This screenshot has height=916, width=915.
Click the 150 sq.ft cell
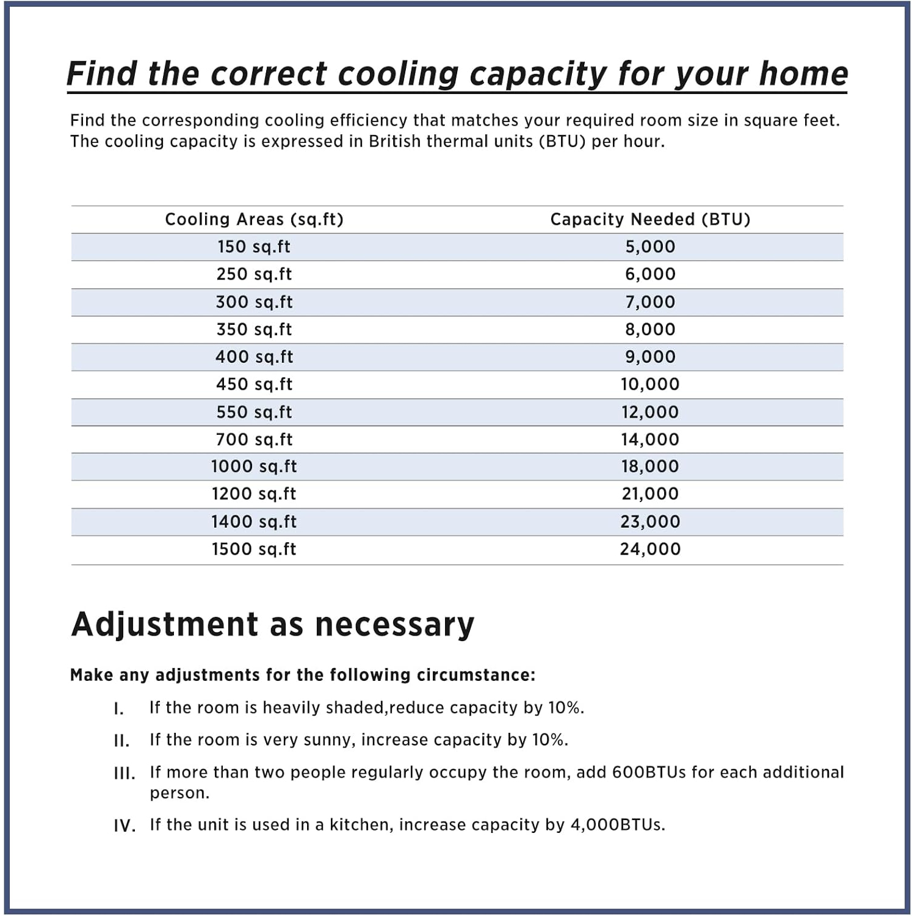coord(254,247)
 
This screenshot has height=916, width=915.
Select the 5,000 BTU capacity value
coord(650,247)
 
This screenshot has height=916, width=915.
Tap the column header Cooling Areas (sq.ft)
coord(254,219)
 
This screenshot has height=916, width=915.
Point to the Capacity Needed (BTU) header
coord(650,219)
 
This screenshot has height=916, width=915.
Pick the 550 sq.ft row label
coord(254,412)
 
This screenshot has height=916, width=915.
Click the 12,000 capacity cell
coord(650,412)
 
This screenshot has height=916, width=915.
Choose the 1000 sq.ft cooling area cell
coord(254,467)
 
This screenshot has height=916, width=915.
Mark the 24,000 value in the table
coord(650,549)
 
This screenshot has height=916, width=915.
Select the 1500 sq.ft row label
coord(254,549)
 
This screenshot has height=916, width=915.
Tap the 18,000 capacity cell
coord(650,467)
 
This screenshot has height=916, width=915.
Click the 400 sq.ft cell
coord(254,357)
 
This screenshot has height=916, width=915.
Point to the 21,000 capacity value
coord(650,493)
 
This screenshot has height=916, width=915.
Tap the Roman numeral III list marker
coord(125,773)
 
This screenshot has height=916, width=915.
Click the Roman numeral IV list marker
coord(125,826)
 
